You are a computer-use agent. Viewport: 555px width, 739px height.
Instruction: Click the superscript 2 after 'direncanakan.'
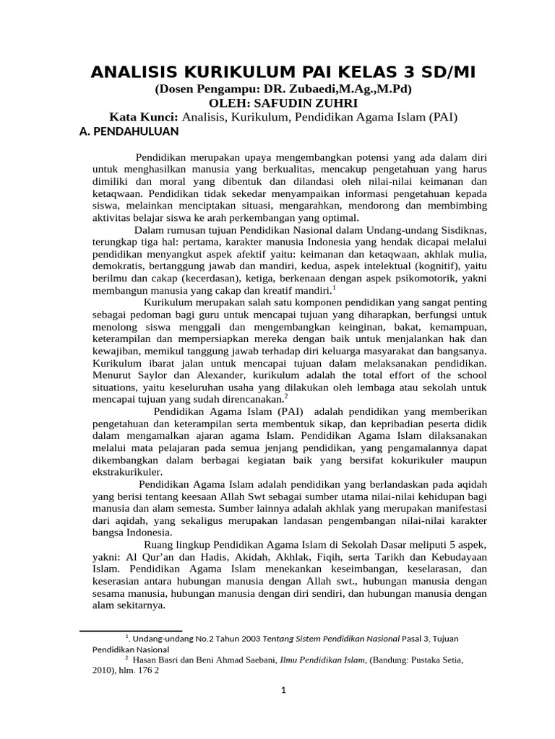(286, 396)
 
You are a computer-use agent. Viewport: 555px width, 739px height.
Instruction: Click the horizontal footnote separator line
(120, 631)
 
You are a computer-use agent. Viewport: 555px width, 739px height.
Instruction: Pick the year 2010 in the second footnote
(103, 669)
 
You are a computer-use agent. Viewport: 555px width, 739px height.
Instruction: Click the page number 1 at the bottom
(284, 691)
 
